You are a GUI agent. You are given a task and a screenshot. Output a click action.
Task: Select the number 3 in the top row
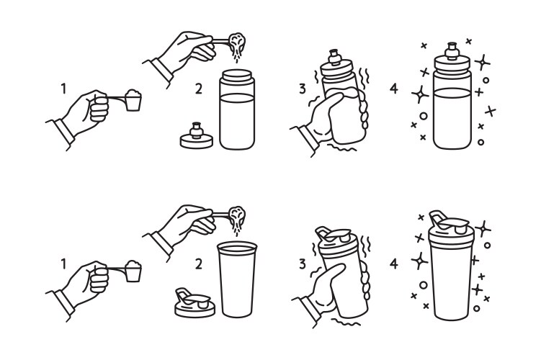tap(302, 89)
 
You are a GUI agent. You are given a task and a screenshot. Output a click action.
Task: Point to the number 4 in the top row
tap(394, 89)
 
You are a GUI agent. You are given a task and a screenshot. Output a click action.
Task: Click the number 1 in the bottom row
tap(64, 264)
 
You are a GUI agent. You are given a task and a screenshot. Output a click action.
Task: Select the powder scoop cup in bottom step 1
tap(133, 273)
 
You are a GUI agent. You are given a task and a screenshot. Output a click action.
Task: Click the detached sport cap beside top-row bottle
tap(197, 137)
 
